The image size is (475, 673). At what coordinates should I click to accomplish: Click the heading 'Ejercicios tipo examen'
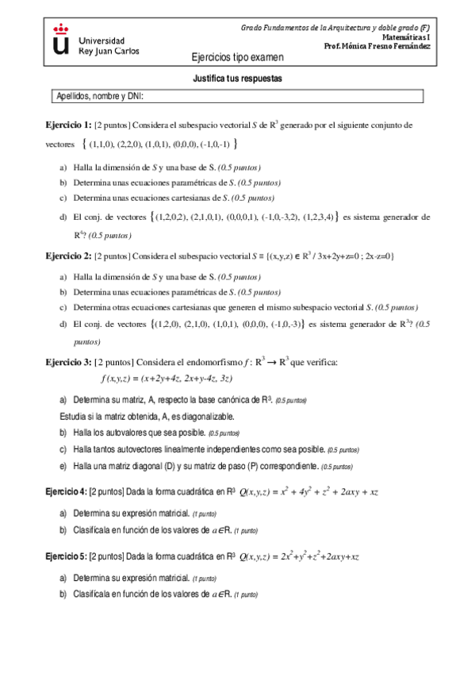tap(237, 58)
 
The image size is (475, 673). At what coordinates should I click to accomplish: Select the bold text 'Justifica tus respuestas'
tap(237, 79)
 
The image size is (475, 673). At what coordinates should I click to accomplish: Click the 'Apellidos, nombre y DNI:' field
tap(236, 97)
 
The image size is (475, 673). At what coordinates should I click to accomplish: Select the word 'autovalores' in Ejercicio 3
tap(119, 433)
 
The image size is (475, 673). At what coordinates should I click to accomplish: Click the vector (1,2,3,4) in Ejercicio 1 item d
tap(319, 216)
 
